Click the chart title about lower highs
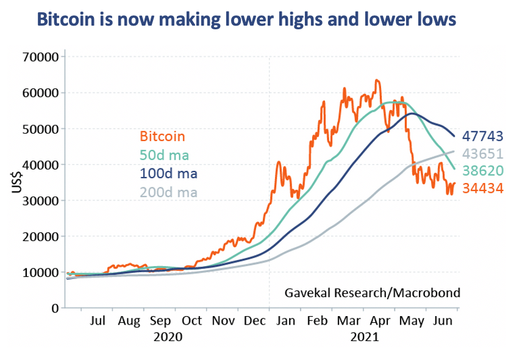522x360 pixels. [246, 20]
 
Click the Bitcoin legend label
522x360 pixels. [162, 137]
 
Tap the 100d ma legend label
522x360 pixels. [168, 173]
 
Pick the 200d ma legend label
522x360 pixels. [168, 192]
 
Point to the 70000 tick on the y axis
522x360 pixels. [40, 57]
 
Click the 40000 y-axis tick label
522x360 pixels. [40, 165]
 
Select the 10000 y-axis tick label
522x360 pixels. [40, 272]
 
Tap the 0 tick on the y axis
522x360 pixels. [54, 308]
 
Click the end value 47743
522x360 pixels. [482, 135]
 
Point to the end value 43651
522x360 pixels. [482, 153]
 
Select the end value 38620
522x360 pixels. [482, 171]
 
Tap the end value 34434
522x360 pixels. [482, 189]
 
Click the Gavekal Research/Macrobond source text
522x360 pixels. [372, 293]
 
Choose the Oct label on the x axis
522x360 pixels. [192, 320]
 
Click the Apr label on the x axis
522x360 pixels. [381, 320]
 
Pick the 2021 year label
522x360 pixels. [364, 336]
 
